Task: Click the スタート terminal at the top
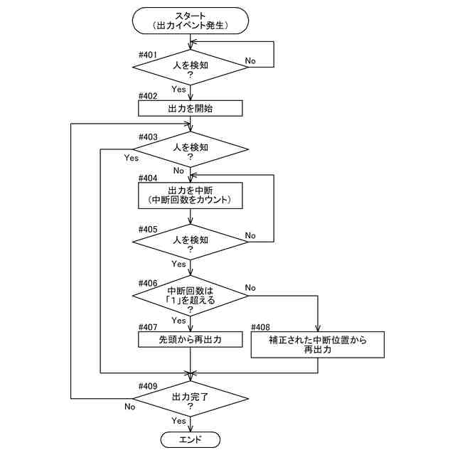click(191, 19)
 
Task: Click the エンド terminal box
click(191, 440)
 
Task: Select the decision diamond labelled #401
click(191, 69)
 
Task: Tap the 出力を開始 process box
click(191, 108)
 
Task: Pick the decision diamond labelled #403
click(191, 151)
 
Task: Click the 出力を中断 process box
click(191, 196)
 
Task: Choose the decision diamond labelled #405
click(191, 244)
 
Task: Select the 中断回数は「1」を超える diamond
click(191, 295)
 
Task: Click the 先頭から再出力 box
click(191, 341)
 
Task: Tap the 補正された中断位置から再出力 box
click(317, 345)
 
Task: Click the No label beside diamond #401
click(251, 61)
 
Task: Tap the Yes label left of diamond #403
click(131, 158)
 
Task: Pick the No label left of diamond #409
click(129, 407)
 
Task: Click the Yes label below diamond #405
click(178, 264)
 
